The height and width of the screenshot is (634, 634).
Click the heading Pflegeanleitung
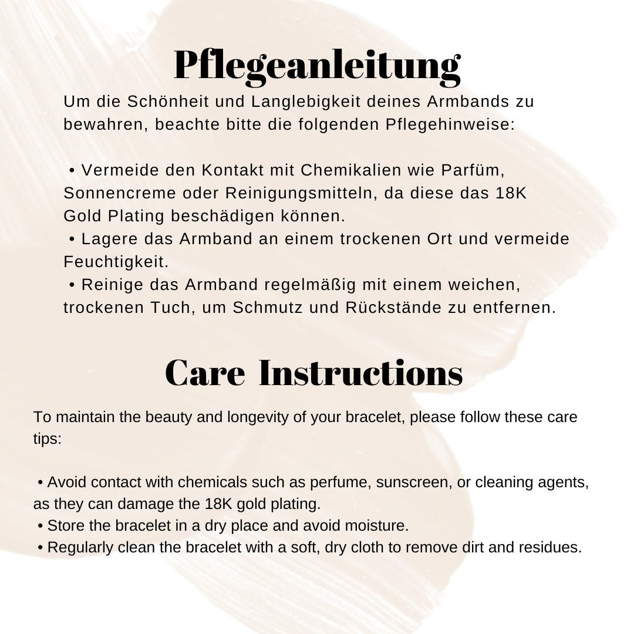[317, 66]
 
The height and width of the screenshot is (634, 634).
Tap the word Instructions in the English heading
[360, 373]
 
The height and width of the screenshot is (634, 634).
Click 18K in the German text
[511, 193]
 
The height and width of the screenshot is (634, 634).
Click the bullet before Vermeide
[72, 171]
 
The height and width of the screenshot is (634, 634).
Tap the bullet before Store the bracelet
[41, 525]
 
